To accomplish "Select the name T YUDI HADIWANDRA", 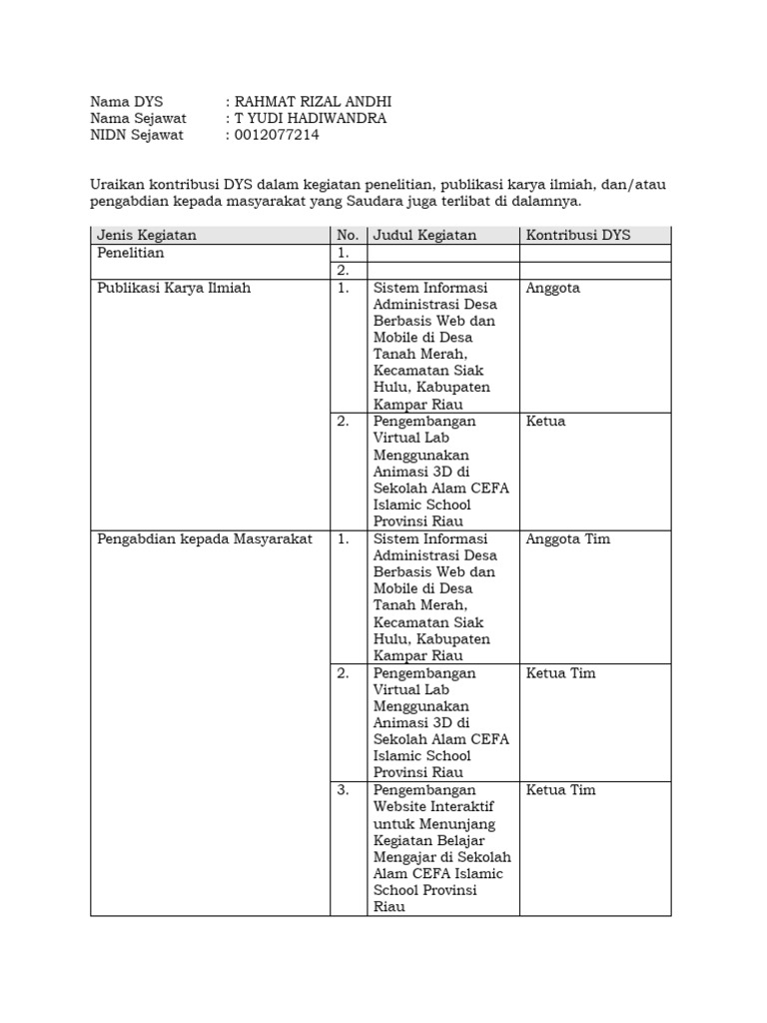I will click(310, 118).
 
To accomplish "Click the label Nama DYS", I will click(126, 101).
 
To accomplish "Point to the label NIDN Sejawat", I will click(137, 135).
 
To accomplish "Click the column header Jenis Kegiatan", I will click(146, 235).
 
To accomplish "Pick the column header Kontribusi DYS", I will click(578, 235).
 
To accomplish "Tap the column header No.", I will click(347, 235).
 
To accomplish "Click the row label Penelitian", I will click(130, 253).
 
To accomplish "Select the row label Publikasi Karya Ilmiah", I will click(174, 288).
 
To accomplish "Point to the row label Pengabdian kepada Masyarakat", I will click(204, 538).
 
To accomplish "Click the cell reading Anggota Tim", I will click(567, 538).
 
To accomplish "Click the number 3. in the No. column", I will click(344, 789).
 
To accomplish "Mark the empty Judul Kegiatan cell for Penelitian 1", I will click(442, 254).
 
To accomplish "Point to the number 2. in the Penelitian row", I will click(344, 270).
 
